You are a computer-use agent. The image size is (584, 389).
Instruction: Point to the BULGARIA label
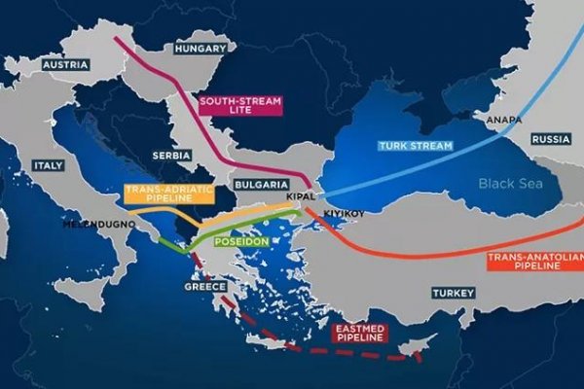(x=261, y=184)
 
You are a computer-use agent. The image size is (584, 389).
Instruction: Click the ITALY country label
(x=47, y=164)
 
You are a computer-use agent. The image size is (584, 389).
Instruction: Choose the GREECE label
(x=204, y=287)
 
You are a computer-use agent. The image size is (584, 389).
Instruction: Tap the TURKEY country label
(x=453, y=293)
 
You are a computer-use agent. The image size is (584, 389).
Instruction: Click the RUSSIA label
(x=550, y=138)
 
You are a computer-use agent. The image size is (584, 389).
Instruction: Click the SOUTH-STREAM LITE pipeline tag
(x=239, y=105)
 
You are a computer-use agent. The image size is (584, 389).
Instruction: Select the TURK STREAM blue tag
(x=416, y=146)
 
